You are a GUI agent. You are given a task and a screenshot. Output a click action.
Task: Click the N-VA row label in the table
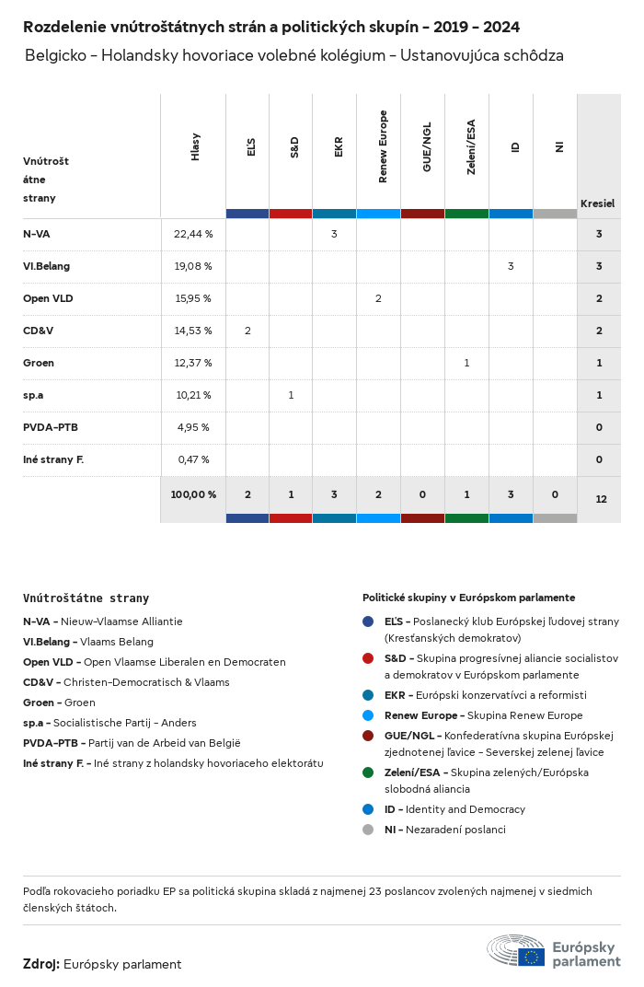click(37, 234)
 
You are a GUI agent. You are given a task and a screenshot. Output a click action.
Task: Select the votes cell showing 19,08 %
click(193, 266)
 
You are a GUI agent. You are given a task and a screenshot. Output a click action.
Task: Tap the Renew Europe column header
click(383, 147)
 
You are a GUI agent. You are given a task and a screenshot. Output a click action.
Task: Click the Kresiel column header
click(598, 203)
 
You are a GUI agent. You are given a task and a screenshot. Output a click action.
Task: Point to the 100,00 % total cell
click(193, 494)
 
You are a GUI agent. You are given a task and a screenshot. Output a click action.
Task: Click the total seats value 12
click(601, 499)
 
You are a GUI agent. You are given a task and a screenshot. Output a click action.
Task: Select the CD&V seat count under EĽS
click(247, 331)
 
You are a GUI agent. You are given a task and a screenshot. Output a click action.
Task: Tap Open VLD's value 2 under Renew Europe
click(378, 298)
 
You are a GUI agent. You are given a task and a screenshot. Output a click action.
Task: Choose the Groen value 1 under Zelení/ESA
click(466, 363)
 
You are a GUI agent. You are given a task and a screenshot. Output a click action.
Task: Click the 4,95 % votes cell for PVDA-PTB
click(193, 427)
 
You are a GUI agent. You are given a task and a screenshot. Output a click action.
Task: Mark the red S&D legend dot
click(368, 658)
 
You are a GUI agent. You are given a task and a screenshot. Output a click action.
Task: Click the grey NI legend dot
click(368, 830)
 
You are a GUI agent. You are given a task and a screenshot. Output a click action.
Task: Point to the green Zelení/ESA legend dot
click(368, 772)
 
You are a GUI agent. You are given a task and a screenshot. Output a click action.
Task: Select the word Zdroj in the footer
click(40, 964)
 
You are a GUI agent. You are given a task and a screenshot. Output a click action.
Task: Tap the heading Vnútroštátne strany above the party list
click(86, 598)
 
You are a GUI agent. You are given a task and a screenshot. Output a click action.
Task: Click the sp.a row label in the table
click(33, 395)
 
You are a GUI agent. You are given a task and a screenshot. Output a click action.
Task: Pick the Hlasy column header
click(195, 147)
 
